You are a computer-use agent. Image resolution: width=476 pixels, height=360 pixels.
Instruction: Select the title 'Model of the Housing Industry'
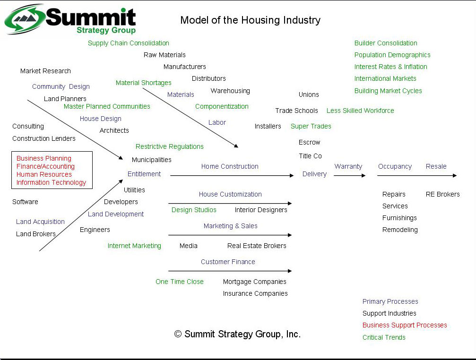click(250, 20)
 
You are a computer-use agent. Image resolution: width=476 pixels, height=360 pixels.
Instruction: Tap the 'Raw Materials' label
click(164, 55)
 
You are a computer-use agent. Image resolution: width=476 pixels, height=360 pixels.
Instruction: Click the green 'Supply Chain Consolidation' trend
click(129, 43)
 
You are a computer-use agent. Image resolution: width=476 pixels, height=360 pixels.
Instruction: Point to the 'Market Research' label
click(45, 71)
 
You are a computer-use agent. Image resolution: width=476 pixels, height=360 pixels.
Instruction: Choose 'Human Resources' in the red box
click(44, 174)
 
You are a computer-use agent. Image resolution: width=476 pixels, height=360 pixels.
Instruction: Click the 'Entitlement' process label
click(144, 174)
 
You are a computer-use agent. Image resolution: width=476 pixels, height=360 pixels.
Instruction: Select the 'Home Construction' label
click(230, 166)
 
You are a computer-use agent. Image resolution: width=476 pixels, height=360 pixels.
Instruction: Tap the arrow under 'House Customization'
click(230, 203)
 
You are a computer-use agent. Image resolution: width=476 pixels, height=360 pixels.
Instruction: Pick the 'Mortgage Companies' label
click(255, 282)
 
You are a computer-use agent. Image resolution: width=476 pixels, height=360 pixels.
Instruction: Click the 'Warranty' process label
click(348, 166)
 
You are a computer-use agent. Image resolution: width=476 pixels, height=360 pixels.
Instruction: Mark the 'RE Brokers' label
click(442, 194)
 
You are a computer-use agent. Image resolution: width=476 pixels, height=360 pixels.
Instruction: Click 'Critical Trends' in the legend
click(384, 337)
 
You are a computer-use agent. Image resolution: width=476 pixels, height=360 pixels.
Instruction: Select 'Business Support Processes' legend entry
click(405, 325)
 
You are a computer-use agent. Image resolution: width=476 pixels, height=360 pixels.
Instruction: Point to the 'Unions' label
click(309, 94)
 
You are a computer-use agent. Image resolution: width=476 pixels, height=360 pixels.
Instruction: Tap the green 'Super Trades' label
click(311, 126)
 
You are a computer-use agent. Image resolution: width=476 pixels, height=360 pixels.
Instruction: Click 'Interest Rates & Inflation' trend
click(391, 67)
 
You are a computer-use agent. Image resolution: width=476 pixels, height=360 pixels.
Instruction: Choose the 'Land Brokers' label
click(36, 234)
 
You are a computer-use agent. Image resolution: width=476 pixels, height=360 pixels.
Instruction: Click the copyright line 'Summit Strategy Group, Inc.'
click(237, 334)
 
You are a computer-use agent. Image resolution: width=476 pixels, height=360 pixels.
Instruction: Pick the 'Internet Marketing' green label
click(134, 246)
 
